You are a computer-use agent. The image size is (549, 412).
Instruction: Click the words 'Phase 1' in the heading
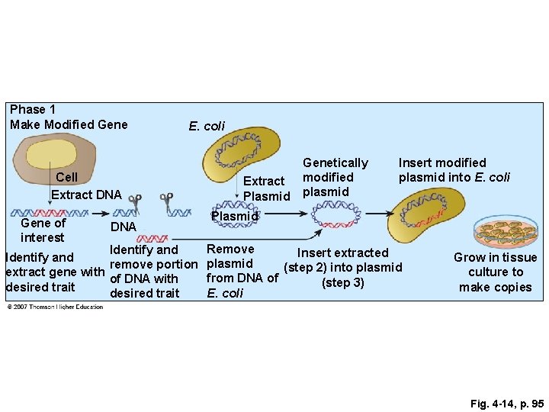[33, 110]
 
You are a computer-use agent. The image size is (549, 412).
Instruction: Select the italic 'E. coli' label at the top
[207, 126]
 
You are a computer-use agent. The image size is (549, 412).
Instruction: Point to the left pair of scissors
[136, 204]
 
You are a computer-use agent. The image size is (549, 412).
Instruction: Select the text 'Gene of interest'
[43, 230]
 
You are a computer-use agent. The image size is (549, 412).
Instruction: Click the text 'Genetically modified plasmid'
[335, 176]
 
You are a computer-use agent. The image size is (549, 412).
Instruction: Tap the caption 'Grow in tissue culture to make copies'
[495, 272]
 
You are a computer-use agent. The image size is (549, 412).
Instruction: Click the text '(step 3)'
[342, 282]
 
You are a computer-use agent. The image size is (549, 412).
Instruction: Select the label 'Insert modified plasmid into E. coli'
[453, 170]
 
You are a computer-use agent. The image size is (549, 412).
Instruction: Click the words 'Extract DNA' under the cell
[86, 195]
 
